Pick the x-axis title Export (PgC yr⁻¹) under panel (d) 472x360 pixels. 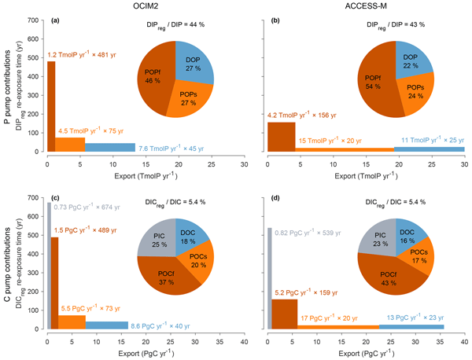point(365,351)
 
